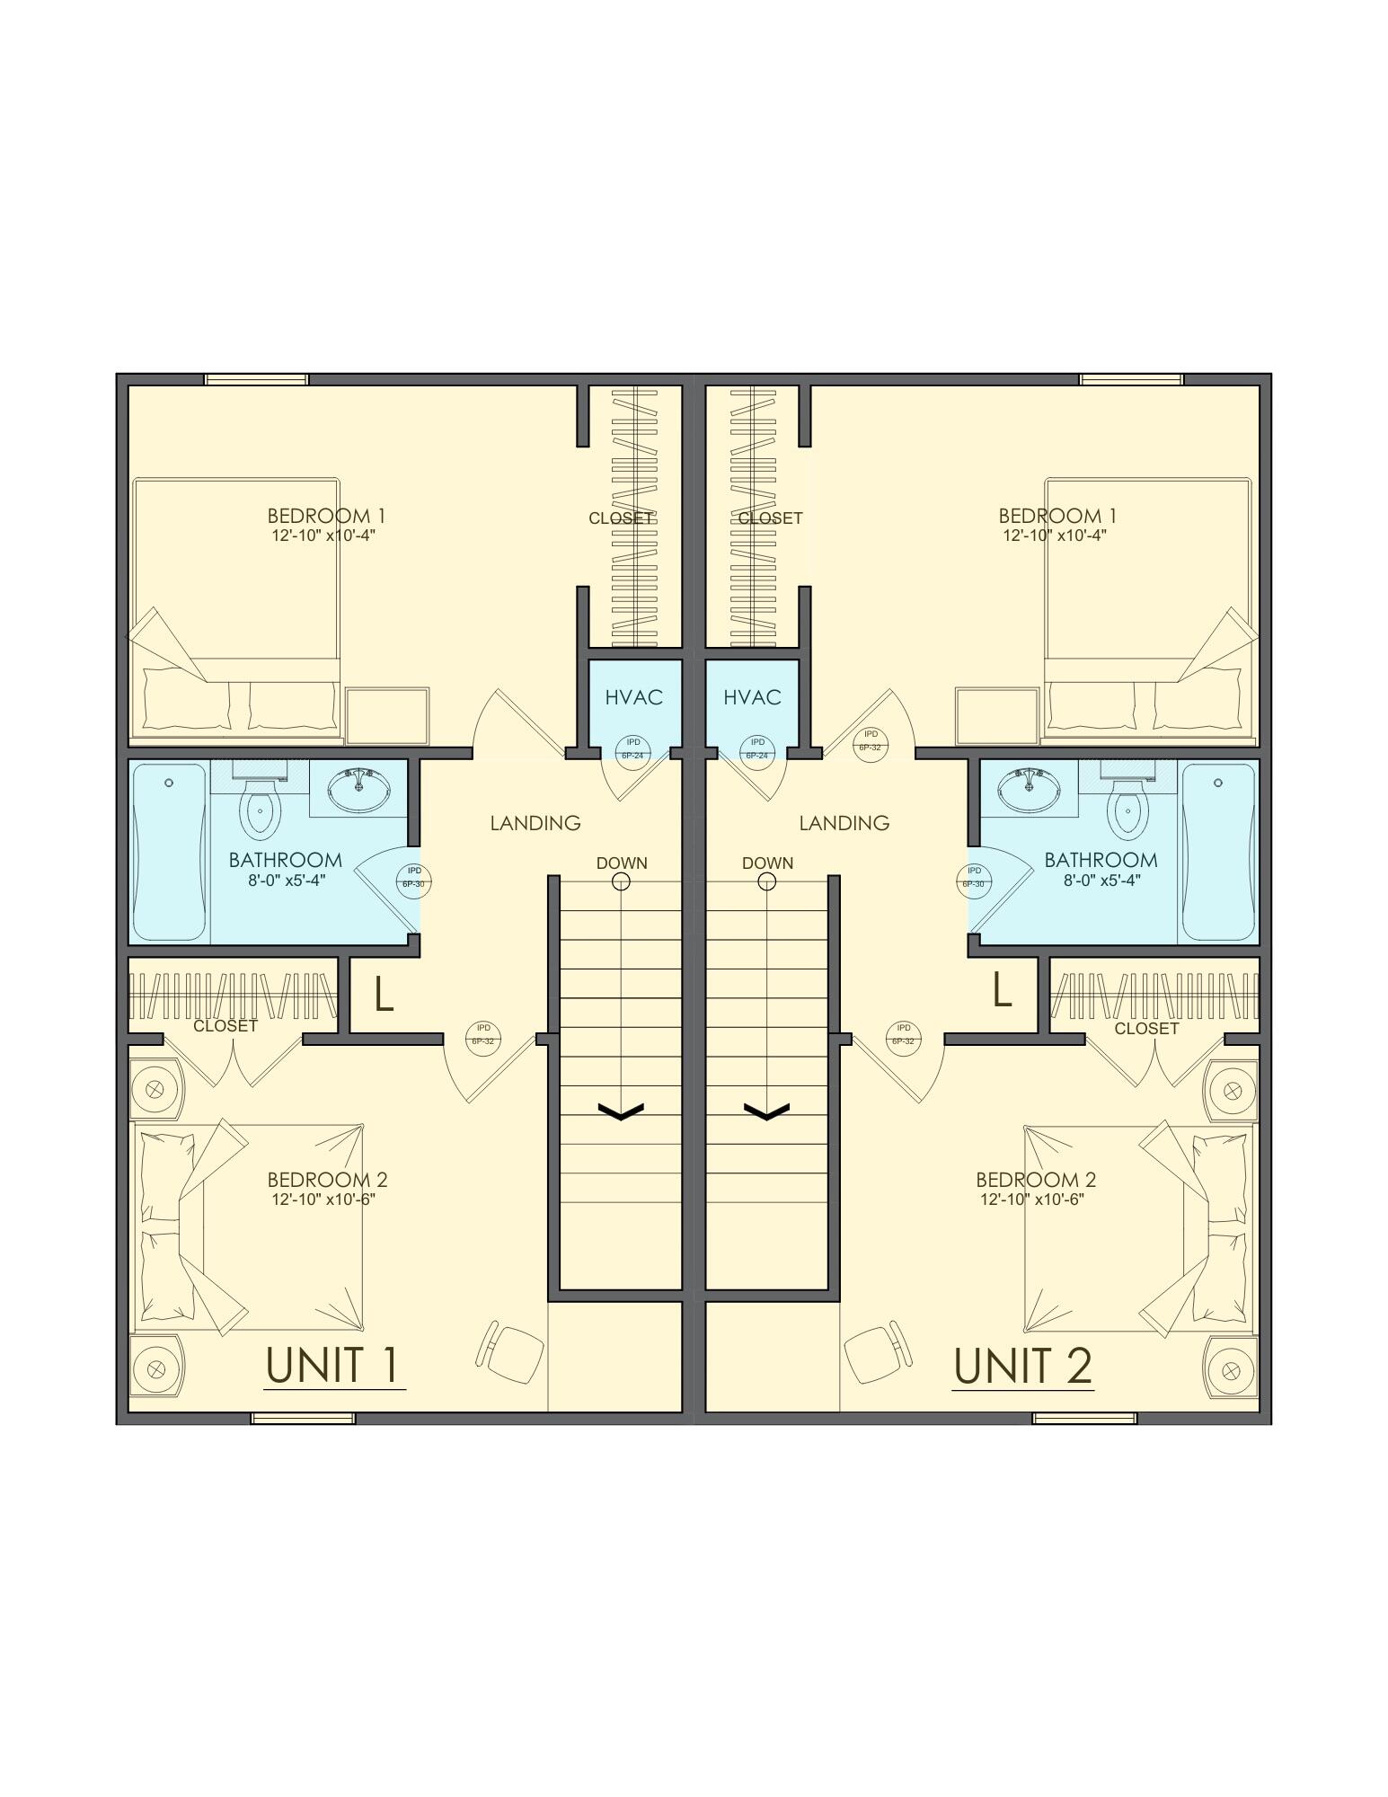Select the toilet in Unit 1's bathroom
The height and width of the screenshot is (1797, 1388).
point(259,808)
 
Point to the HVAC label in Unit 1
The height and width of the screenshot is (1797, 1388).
point(633,697)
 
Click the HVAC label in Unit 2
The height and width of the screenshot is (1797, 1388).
point(752,697)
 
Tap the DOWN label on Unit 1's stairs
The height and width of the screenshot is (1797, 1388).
point(622,863)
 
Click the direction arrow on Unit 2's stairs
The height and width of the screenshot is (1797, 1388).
point(766,1112)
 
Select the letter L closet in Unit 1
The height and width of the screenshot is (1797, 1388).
point(383,994)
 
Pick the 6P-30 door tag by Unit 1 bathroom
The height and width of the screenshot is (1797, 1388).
point(413,878)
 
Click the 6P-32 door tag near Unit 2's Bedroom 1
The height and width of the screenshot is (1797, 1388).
point(870,741)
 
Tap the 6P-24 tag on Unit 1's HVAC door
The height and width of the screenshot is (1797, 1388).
point(633,749)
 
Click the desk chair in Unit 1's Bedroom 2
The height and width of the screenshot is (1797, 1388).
point(513,1351)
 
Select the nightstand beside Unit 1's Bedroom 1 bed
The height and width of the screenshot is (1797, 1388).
point(387,715)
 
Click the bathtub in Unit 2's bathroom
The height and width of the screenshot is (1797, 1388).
point(1217,851)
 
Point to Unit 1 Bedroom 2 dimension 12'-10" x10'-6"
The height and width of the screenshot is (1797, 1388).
point(323,1199)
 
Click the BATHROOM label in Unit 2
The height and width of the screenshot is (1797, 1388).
point(1101,860)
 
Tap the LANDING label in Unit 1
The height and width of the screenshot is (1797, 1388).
point(535,822)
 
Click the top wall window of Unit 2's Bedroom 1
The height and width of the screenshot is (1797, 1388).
point(1130,379)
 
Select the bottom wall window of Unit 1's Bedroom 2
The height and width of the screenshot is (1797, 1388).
point(303,1419)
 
